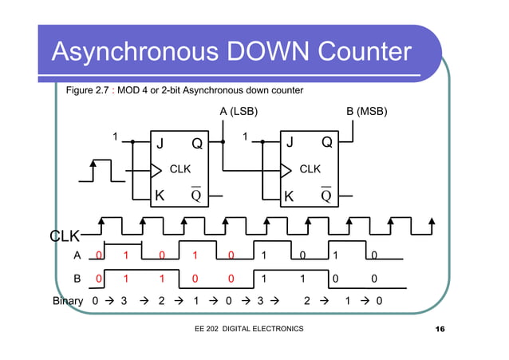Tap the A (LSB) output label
pos(239,112)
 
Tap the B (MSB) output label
pos(366,112)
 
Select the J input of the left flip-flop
pos(159,144)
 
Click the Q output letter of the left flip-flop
pos(195,144)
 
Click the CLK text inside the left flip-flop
pos(180,169)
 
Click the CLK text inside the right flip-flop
pos(310,169)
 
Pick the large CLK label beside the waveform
pos(65,236)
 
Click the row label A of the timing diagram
pos(77,256)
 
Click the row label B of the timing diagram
pos(77,280)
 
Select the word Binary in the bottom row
pos(68,303)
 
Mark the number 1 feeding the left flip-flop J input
pos(116,136)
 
